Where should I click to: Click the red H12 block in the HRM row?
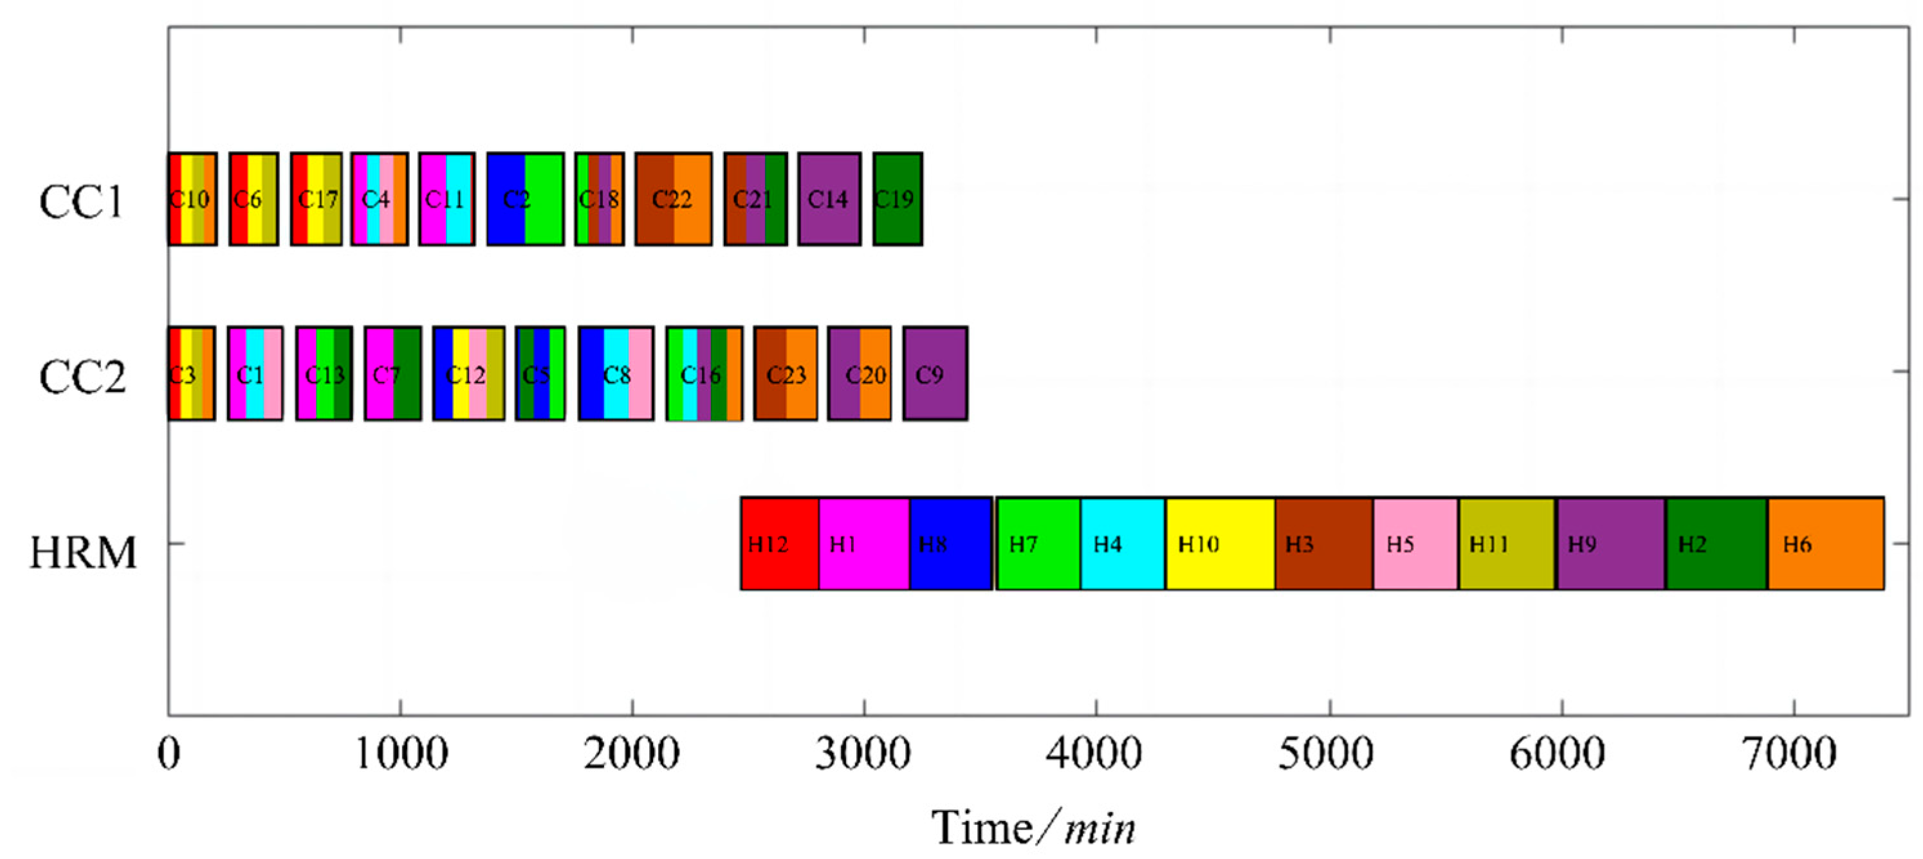(x=779, y=543)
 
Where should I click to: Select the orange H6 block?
(x=1825, y=543)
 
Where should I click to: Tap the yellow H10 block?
(x=1220, y=543)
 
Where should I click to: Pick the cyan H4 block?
(x=1122, y=543)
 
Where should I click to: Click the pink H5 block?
(x=1415, y=543)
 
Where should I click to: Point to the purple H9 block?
(x=1610, y=543)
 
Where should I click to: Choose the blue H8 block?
(x=950, y=543)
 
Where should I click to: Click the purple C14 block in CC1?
(x=829, y=199)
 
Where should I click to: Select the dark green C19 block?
(x=897, y=199)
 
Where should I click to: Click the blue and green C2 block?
(x=525, y=199)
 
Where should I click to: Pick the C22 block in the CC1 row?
(x=672, y=199)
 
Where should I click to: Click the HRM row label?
(x=83, y=553)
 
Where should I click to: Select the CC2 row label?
(x=82, y=377)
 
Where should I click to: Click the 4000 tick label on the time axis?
(x=1094, y=754)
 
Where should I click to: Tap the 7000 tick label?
(x=1789, y=754)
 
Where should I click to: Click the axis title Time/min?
(x=1033, y=827)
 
